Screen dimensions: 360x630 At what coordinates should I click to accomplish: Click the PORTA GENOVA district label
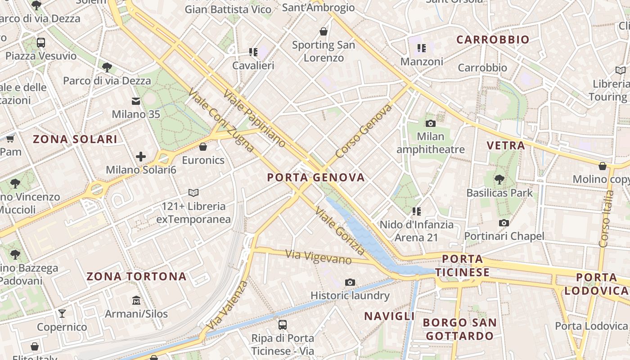pos(316,177)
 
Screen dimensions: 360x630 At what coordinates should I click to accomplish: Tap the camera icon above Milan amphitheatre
pos(431,123)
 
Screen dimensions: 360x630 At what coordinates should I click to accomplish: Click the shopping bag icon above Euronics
pos(203,147)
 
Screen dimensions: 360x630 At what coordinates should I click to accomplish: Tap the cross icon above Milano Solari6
pos(141,157)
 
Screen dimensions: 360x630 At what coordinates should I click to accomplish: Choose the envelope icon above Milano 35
pos(136,101)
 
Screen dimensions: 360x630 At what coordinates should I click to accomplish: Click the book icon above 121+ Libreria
pos(193,193)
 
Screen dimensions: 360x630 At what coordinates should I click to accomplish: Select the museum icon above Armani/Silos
pos(136,300)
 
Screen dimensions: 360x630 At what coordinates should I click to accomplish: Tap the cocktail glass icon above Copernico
pos(62,313)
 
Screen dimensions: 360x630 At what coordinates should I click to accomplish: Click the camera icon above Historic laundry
pos(350,282)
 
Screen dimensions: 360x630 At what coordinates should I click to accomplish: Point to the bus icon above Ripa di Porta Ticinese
pos(283,324)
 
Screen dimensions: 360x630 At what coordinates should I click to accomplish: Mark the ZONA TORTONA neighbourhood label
pos(136,276)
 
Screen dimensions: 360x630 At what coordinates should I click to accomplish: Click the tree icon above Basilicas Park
pos(499,180)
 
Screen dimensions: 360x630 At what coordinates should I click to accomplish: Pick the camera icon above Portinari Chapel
pos(504,223)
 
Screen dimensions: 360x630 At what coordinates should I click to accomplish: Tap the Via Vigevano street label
pos(319,257)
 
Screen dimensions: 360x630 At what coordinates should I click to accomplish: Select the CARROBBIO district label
pos(493,40)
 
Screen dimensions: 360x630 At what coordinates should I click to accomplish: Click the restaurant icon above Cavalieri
pos(253,52)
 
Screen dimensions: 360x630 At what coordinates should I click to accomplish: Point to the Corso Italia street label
pos(607,219)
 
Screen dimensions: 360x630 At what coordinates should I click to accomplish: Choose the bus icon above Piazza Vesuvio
pos(41,43)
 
